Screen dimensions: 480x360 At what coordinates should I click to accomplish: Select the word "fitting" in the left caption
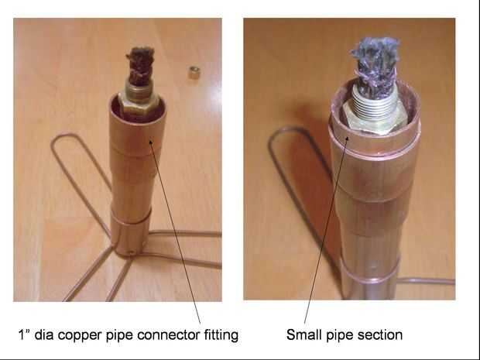(221, 335)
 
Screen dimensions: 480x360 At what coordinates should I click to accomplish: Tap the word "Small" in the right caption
(303, 335)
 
